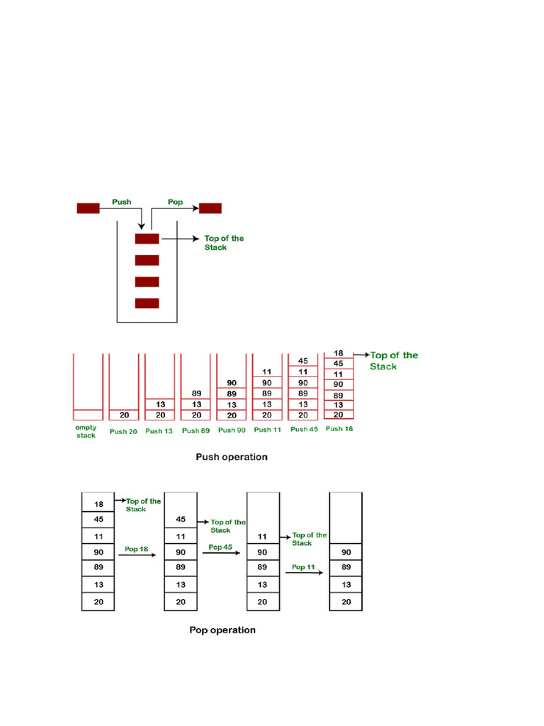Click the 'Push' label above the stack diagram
pyautogui.click(x=122, y=202)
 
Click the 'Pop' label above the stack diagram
pyautogui.click(x=175, y=202)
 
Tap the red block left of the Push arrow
pyautogui.click(x=88, y=208)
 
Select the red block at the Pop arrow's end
pyautogui.click(x=210, y=208)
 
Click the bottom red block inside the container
pyautogui.click(x=147, y=303)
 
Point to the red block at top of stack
pyautogui.click(x=147, y=239)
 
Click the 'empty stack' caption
pyautogui.click(x=86, y=432)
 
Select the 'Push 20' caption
pyautogui.click(x=123, y=430)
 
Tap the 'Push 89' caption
pyautogui.click(x=195, y=430)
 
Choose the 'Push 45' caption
pyautogui.click(x=303, y=430)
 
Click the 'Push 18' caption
pyautogui.click(x=339, y=429)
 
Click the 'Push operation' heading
pyautogui.click(x=232, y=457)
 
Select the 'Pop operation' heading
pyautogui.click(x=222, y=630)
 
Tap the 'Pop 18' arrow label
pyautogui.click(x=136, y=549)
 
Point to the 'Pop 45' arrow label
pyautogui.click(x=220, y=547)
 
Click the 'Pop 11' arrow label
pyautogui.click(x=303, y=567)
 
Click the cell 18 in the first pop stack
pyautogui.click(x=98, y=504)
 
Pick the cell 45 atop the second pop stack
pyautogui.click(x=181, y=519)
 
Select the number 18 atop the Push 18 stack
pyautogui.click(x=338, y=353)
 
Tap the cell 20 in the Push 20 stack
pyautogui.click(x=124, y=415)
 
